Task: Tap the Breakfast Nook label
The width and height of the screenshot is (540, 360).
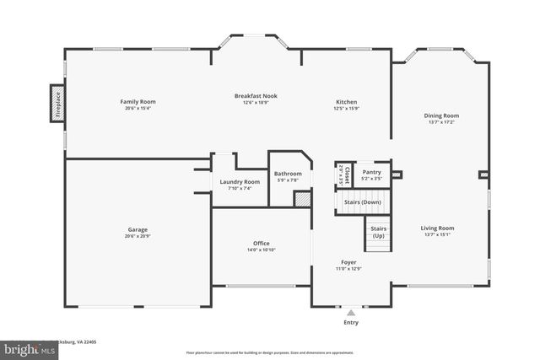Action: (x=256, y=96)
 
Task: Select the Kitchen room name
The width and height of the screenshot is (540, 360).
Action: (x=346, y=102)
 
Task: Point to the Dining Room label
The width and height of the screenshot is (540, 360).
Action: (x=441, y=116)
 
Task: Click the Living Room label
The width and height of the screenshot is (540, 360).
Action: (x=438, y=228)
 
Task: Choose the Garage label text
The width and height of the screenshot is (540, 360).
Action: (x=138, y=228)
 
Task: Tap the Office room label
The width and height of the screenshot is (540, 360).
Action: (x=262, y=244)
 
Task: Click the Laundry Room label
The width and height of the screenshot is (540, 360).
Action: (x=240, y=182)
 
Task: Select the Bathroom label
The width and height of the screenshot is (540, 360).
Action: (x=288, y=174)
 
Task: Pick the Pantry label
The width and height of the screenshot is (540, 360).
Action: (x=372, y=172)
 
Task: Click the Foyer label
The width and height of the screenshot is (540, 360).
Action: (x=349, y=262)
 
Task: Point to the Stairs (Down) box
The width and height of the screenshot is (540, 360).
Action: (x=362, y=202)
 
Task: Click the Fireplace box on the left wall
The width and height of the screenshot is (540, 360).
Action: (x=58, y=103)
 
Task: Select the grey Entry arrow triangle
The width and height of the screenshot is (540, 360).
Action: (x=351, y=312)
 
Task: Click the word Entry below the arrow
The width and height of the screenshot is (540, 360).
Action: (x=351, y=322)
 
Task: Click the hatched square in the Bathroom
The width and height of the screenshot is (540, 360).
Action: (x=301, y=199)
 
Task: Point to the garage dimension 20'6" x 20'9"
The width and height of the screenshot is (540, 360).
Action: (x=138, y=235)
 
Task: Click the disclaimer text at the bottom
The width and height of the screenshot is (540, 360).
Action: (x=269, y=352)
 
